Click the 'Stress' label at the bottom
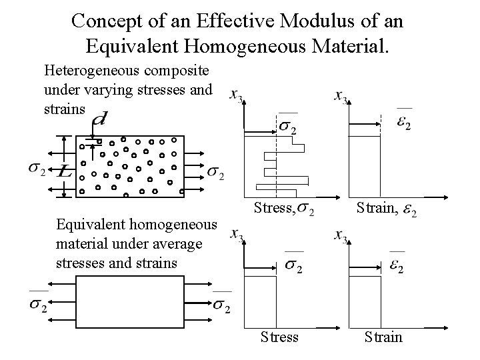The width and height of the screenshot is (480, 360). click(x=279, y=336)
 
